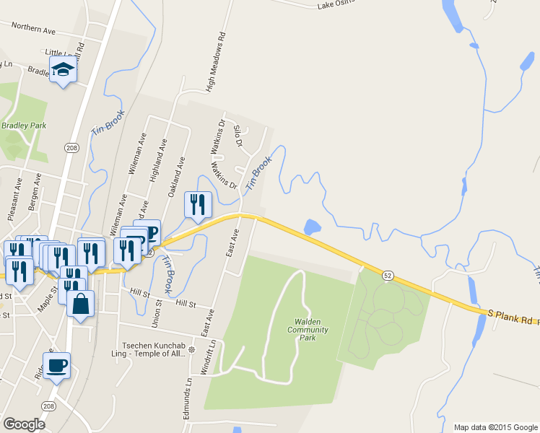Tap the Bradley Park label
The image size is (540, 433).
tap(24, 125)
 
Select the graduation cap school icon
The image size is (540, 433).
tap(64, 71)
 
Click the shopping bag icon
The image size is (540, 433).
tap(80, 304)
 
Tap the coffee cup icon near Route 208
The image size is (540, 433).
tap(56, 365)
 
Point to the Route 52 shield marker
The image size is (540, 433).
tap(388, 276)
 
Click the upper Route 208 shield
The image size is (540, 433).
tap(71, 147)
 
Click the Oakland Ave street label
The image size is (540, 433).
tap(175, 176)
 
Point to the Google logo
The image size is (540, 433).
tap(24, 424)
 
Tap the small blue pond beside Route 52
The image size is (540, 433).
tap(313, 227)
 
